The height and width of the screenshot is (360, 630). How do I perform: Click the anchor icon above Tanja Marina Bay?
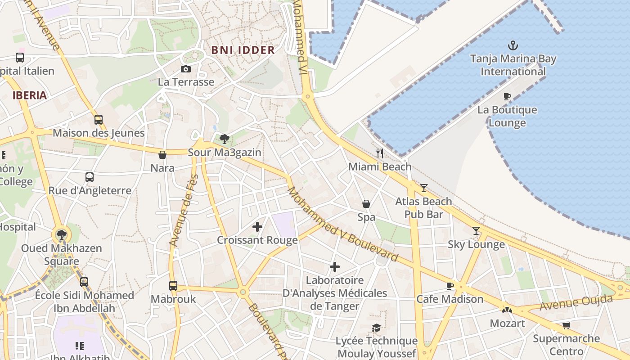click(x=513, y=45)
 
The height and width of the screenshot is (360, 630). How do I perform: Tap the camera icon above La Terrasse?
click(x=185, y=69)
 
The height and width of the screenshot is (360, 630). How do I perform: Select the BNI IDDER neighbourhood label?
click(x=243, y=50)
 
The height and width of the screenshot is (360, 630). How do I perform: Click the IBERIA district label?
click(x=30, y=95)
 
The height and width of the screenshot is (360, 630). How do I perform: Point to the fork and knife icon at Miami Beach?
click(x=380, y=153)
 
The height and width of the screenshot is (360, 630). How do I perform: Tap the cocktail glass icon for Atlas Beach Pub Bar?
click(x=423, y=188)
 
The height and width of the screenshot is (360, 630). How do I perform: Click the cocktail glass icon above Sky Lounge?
click(x=476, y=231)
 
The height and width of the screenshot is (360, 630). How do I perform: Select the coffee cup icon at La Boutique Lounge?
click(x=507, y=96)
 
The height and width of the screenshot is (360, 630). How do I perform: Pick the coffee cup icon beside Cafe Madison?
click(x=450, y=286)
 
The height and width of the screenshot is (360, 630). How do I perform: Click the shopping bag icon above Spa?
click(x=366, y=204)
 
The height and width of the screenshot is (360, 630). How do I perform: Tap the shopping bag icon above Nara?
click(x=162, y=155)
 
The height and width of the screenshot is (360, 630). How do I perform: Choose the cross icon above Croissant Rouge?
click(x=257, y=227)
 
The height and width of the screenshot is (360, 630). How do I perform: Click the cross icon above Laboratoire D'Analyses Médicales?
click(x=335, y=267)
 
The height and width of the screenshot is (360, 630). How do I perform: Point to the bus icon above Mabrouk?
click(x=173, y=285)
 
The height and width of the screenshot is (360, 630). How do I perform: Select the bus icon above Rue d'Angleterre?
click(x=90, y=177)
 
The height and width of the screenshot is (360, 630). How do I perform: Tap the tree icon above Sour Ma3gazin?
click(x=224, y=139)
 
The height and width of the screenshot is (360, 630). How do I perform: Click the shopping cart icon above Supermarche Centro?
click(x=566, y=325)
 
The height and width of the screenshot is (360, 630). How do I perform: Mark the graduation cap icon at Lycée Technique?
click(x=376, y=328)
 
